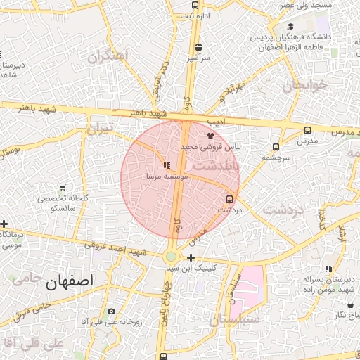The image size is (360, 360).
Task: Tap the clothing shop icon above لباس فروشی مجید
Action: [210, 136]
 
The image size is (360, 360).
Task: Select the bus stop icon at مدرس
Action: [307, 130]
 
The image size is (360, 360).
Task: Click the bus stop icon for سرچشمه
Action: [275, 147]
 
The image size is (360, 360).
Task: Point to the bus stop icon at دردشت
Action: [229, 199]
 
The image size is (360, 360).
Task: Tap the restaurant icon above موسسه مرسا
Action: [166, 166]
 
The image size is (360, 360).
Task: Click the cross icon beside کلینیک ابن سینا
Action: [191, 257]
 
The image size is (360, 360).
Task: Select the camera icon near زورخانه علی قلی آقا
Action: [111, 311]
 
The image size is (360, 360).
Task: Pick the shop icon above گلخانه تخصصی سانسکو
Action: [63, 188]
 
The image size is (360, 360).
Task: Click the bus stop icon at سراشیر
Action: [198, 47]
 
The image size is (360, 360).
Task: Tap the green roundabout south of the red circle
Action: [171, 257]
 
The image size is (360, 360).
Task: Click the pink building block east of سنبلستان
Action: [252, 288]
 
